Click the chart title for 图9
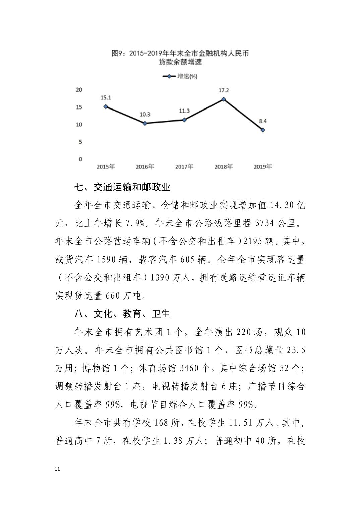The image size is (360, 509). pyautogui.click(x=180, y=57)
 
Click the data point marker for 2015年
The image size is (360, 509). pyautogui.click(x=106, y=106)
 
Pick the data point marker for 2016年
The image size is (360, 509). pyautogui.click(x=145, y=123)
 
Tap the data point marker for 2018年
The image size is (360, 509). pyautogui.click(x=224, y=99)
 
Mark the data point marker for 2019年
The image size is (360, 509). pyautogui.click(x=263, y=130)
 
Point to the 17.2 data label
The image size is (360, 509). pyautogui.click(x=224, y=90)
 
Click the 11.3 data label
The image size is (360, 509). pyautogui.click(x=184, y=111)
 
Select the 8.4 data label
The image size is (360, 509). pyautogui.click(x=263, y=121)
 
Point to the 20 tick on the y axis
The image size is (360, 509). pyautogui.click(x=79, y=90)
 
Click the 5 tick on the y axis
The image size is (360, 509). pyautogui.click(x=80, y=142)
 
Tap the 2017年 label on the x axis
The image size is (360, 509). pyautogui.click(x=184, y=166)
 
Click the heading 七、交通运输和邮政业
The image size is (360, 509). pyautogui.click(x=122, y=187)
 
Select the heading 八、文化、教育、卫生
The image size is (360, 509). pyautogui.click(x=122, y=314)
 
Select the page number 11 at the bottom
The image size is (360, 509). pyautogui.click(x=57, y=469)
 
